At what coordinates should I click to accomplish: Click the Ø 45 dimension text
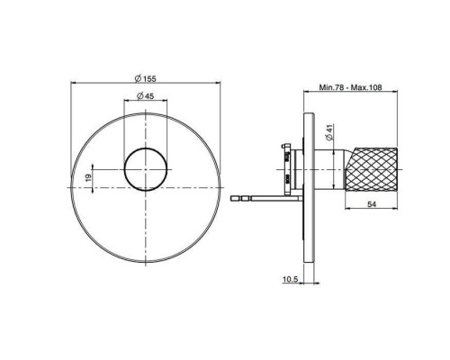146,96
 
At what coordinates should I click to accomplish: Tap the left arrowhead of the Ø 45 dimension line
124,103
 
